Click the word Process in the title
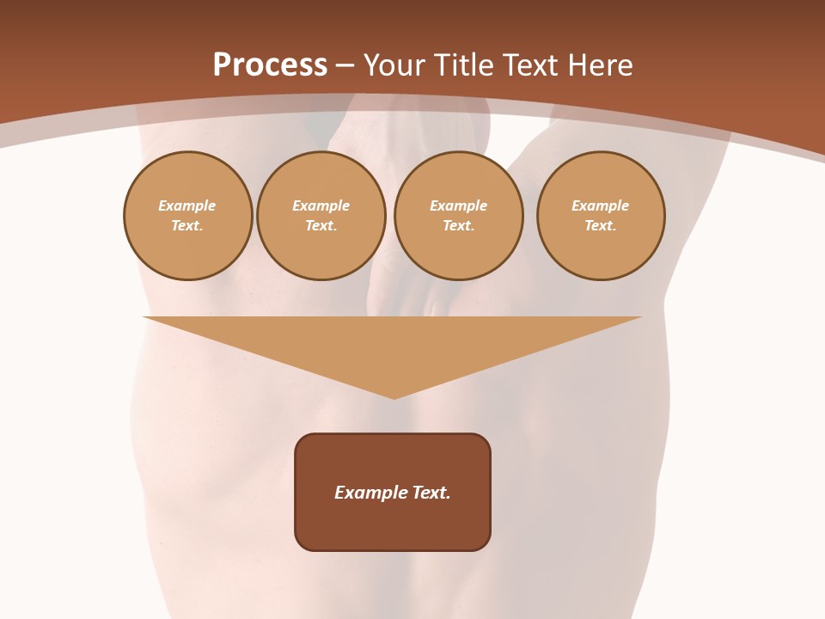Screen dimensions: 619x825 point(270,64)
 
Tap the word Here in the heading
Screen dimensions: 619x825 point(598,65)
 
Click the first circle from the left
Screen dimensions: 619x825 point(187,216)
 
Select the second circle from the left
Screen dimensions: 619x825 point(321,216)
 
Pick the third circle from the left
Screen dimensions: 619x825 point(458,216)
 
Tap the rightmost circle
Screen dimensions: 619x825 point(601,216)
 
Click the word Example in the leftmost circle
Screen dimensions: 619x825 point(187,205)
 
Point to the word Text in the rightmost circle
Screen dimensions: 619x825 point(600,226)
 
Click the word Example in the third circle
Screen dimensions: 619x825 point(458,205)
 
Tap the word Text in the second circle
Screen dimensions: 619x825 point(321,226)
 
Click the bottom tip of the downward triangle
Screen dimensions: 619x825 point(394,397)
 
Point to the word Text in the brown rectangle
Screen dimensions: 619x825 point(431,493)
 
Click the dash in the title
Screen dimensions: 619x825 point(345,66)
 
